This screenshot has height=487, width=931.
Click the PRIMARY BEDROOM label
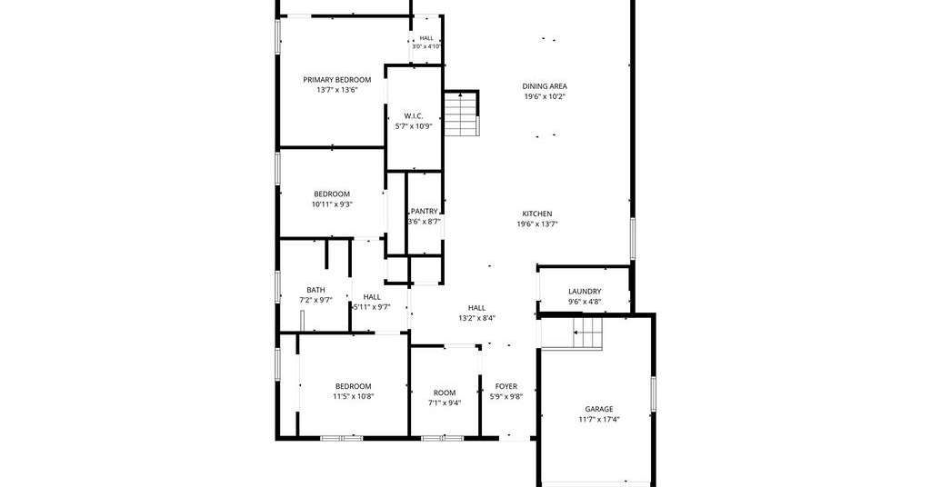coord(336,80)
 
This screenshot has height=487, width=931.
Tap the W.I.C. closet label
coord(414,116)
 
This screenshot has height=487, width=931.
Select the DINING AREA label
coord(545,86)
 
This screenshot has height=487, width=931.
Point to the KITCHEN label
coord(537,214)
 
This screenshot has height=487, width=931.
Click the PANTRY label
coord(424,211)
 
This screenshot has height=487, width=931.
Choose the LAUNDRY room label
coord(585,292)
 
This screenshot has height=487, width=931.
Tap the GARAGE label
coord(599,409)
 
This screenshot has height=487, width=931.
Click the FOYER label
coord(506,387)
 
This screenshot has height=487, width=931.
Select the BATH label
coord(315,290)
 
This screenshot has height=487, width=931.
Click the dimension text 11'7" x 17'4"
coord(599,420)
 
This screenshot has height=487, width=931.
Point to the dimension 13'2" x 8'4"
coord(476,318)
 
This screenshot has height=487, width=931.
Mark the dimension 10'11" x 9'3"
coord(332,204)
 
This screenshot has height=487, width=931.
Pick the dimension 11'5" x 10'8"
coord(354,396)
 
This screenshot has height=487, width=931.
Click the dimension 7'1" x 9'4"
coord(445,403)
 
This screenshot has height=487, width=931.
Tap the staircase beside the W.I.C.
coord(461,114)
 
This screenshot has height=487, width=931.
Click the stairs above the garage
coord(588,333)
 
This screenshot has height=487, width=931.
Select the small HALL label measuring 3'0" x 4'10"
coord(426,38)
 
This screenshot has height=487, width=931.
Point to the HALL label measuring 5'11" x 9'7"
coord(372,297)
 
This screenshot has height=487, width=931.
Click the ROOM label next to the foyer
coord(445,393)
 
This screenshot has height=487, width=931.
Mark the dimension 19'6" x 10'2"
coord(545,96)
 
